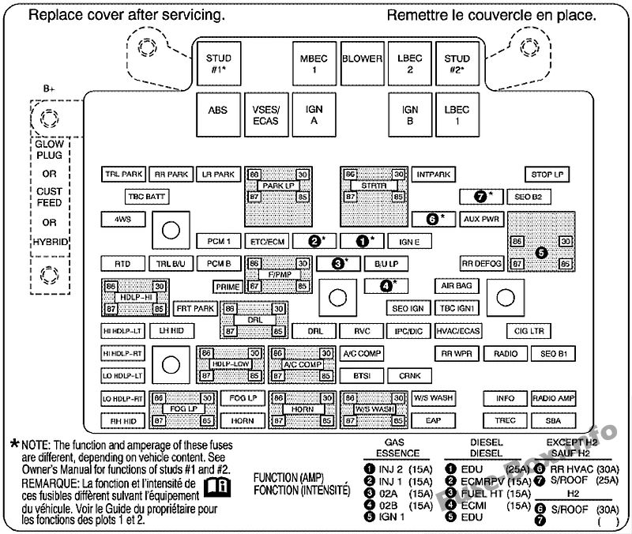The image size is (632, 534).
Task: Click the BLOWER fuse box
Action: coord(362,64)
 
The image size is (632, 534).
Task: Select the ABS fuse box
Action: coord(217,111)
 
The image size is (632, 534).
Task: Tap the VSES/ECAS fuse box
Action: coord(265,115)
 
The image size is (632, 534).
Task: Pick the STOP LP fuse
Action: coord(547,174)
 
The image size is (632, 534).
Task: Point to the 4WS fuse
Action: coord(122,219)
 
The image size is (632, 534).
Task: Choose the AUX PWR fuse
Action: coord(481,219)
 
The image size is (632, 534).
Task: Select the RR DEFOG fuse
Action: coord(481,264)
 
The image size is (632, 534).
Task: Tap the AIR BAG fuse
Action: coord(455,286)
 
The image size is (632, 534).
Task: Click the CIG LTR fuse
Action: coord(531,331)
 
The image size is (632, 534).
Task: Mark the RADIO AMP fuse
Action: coord(553,398)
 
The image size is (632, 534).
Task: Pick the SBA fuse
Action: coord(553,420)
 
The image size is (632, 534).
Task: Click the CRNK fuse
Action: coord(409,376)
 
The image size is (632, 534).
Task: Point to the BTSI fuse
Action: coord(363,376)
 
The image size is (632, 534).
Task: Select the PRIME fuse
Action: coord(228,287)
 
